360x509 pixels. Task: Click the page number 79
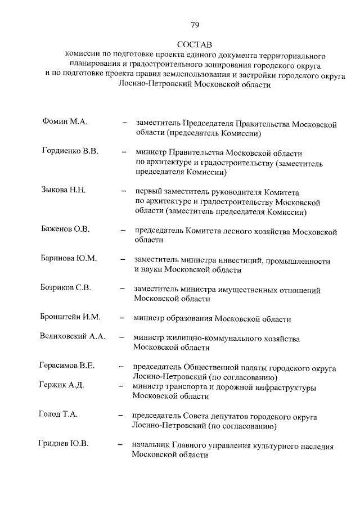point(195,24)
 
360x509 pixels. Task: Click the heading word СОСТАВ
point(195,44)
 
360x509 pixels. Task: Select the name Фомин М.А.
point(64,121)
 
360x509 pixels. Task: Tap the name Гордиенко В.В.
point(70,151)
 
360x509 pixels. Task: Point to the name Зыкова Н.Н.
point(63,190)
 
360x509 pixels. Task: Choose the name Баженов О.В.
point(66,229)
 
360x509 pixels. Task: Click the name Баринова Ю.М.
point(69,259)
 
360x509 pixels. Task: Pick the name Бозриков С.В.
point(66,288)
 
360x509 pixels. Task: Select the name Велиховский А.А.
point(73,336)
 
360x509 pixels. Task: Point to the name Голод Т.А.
point(58,415)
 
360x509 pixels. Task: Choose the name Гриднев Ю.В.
point(64,444)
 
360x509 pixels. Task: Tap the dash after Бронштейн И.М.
point(121,318)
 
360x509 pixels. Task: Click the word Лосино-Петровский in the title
point(155,85)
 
